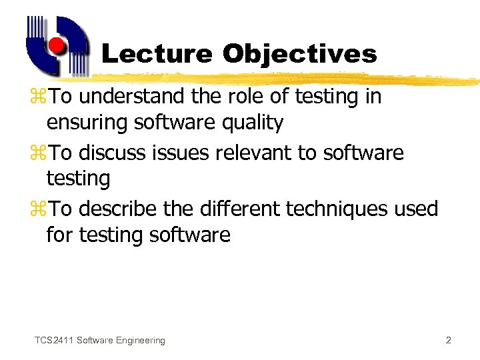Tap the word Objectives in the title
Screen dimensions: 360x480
coord(300,54)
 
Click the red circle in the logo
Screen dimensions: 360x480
coord(57,46)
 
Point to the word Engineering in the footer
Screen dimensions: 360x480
coord(139,341)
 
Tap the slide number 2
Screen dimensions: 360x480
coord(448,341)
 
